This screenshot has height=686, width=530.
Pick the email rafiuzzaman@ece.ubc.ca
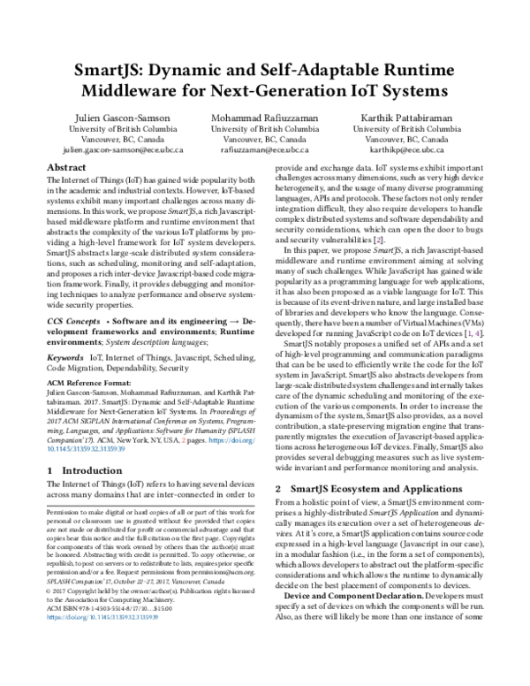[265, 151]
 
